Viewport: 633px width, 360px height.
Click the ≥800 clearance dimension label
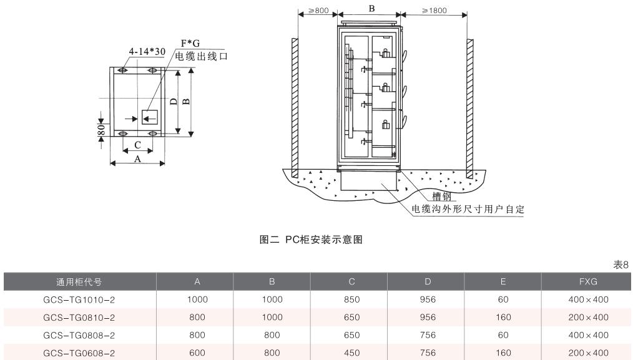(x=318, y=11)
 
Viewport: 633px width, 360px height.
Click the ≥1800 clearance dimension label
(x=433, y=11)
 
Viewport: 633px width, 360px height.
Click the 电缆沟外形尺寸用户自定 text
(x=468, y=209)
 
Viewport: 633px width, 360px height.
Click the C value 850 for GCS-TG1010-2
(x=352, y=300)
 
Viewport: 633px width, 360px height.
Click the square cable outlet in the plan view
(x=150, y=117)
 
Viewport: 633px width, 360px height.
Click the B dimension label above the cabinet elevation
(x=372, y=9)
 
